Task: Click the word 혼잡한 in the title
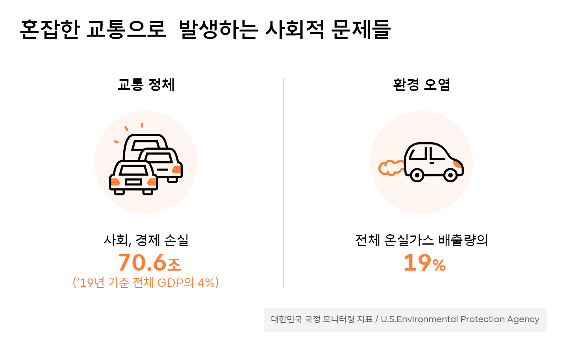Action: point(50,29)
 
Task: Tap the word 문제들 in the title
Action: point(361,29)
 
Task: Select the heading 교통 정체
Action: point(146,85)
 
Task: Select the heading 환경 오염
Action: point(421,85)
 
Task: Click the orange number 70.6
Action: point(142,263)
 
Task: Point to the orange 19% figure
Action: point(424,263)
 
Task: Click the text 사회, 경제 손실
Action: point(146,240)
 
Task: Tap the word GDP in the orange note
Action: point(170,283)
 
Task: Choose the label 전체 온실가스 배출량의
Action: point(421,240)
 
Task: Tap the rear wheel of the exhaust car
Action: point(417,174)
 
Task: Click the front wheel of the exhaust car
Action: point(450,174)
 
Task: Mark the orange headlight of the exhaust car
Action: point(458,163)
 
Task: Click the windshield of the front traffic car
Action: point(133,170)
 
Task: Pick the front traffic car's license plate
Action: point(133,182)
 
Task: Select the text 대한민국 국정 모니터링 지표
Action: point(322,319)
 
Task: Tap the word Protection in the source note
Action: point(482,319)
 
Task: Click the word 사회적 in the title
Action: point(295,29)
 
